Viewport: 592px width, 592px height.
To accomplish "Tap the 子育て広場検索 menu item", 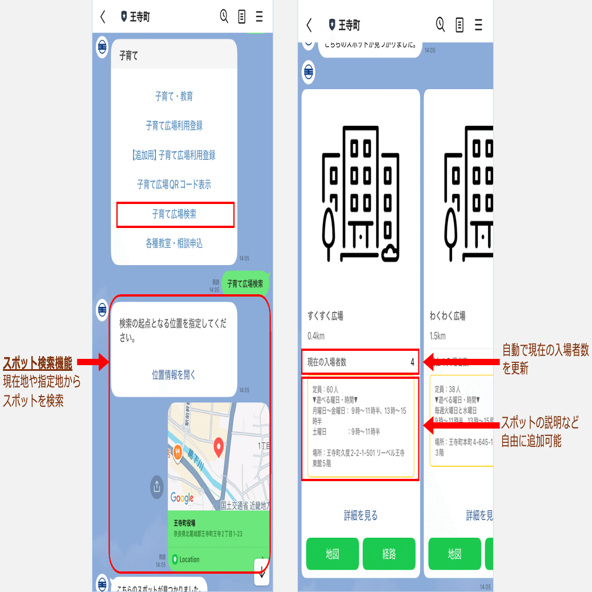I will (x=175, y=214).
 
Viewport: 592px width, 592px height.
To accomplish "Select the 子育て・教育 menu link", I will (x=174, y=97).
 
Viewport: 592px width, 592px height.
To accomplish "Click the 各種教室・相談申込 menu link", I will (x=174, y=244).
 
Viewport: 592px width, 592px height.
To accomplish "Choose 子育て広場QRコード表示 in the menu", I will (x=174, y=185).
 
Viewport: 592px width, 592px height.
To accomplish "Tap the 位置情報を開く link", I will (x=174, y=375).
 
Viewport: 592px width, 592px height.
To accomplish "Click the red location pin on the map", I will (x=218, y=447).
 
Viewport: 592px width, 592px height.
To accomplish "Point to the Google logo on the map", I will (x=182, y=498).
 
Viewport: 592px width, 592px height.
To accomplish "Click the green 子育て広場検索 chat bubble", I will (x=245, y=283).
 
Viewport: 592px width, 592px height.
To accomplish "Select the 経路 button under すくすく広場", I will (x=389, y=554).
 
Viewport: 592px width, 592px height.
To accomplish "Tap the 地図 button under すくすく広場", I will (x=333, y=554).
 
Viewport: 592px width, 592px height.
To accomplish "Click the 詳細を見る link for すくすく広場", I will (x=361, y=515).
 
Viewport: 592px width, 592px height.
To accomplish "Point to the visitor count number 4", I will (x=412, y=362).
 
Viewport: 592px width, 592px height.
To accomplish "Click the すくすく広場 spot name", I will (x=325, y=316).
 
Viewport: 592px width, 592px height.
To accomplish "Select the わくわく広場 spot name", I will (x=447, y=316).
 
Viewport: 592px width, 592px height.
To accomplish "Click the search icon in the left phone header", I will (x=224, y=16).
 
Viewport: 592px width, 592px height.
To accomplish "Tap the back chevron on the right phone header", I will (x=309, y=25).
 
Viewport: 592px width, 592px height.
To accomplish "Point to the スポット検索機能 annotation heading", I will (x=38, y=363).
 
